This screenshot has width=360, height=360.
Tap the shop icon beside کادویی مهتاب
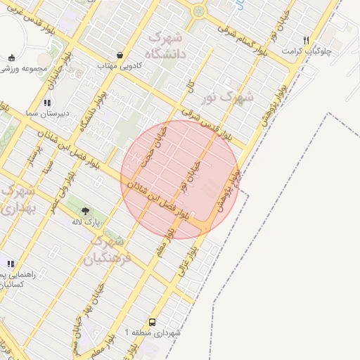coord(120,55)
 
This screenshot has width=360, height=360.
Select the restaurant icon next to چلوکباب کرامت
coord(306,40)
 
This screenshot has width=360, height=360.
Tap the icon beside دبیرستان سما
coord(47,103)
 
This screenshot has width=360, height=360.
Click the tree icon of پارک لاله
coord(85,210)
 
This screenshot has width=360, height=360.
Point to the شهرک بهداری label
coord(12,200)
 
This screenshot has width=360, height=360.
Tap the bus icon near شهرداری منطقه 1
coord(153,320)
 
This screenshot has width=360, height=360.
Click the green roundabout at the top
coord(199,11)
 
